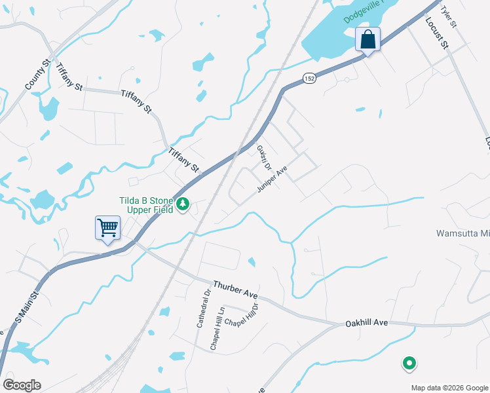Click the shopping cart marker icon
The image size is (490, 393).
[107, 228]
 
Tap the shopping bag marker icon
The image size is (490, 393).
[368, 39]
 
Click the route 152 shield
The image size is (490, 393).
[309, 78]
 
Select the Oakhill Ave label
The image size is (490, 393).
[367, 323]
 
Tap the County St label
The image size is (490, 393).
[37, 77]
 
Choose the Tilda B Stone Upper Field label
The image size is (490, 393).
[145, 205]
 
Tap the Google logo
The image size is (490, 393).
[22, 385]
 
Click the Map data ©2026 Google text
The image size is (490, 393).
[449, 388]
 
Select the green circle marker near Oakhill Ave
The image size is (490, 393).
[409, 362]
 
